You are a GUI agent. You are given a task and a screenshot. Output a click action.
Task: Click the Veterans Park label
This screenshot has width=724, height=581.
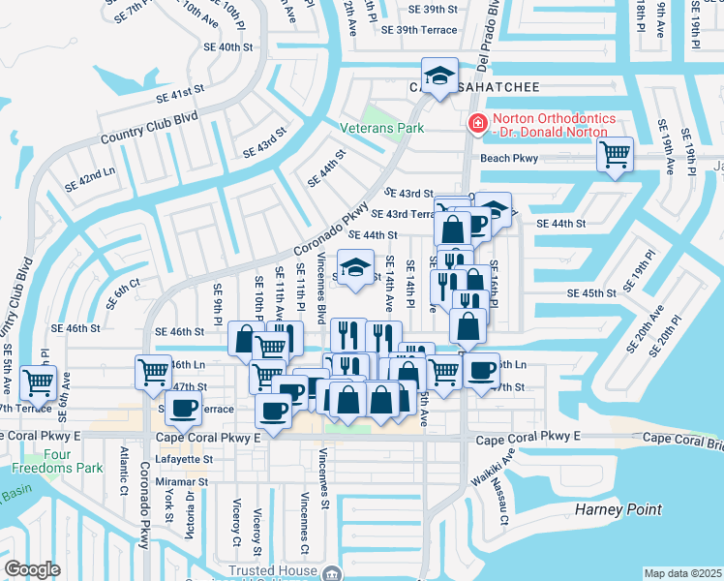(382, 128)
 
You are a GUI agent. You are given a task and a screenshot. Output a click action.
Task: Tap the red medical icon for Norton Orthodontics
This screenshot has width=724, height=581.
(476, 123)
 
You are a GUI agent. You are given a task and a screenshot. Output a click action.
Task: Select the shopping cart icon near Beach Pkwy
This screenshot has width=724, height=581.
(615, 154)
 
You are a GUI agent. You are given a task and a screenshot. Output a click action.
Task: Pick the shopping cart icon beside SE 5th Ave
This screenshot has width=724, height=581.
(38, 382)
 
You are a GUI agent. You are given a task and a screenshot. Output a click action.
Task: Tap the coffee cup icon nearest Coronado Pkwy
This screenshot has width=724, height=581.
(183, 408)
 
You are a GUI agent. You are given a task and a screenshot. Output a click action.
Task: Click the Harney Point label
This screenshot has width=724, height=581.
(618, 509)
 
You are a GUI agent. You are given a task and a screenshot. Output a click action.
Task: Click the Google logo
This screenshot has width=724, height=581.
(32, 568)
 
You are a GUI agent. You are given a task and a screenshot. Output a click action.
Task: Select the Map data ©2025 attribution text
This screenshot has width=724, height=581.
(682, 573)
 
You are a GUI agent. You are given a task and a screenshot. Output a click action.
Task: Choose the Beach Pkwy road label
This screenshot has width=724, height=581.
(508, 159)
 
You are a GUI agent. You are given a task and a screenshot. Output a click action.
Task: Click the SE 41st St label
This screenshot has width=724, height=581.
(181, 93)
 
